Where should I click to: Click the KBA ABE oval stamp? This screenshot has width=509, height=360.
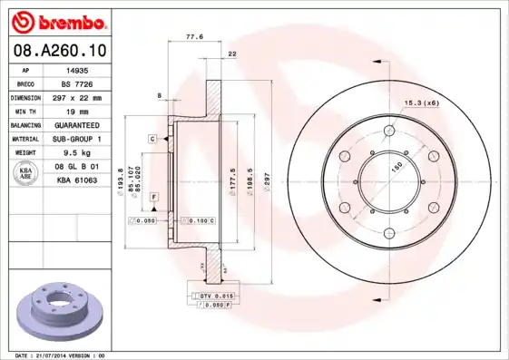26,174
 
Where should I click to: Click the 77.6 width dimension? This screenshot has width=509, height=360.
193,37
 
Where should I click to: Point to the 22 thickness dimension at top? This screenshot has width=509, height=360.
232,55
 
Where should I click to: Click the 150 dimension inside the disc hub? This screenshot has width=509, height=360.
396,168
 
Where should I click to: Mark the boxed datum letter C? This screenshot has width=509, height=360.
152,138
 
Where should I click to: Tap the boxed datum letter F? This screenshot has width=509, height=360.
154,197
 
